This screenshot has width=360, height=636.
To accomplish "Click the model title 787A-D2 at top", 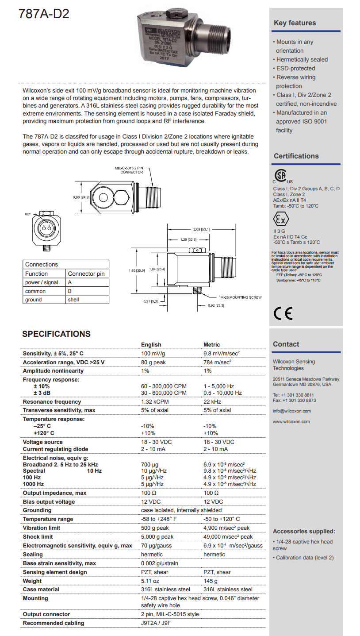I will [44, 14].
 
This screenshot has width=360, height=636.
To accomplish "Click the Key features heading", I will [295, 23].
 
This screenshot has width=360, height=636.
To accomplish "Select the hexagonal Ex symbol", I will [281, 220].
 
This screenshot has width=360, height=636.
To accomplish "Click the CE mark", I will [283, 313].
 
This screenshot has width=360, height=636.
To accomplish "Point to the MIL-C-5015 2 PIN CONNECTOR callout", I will [129, 170].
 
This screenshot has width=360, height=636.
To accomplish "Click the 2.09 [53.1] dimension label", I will [202, 229].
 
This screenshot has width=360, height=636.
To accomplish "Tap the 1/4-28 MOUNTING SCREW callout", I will [241, 297].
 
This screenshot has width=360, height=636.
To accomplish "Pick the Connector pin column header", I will [86, 274].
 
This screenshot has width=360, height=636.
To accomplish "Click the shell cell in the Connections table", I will [73, 300].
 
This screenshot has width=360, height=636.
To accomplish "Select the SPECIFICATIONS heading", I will [56, 334].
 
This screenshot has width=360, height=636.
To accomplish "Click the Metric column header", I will [211, 344].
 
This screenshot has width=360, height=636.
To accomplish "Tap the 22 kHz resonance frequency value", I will [212, 402].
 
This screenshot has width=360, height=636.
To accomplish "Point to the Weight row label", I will [32, 581].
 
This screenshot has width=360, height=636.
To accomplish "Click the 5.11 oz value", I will [150, 581].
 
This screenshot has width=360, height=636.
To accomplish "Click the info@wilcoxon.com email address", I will [291, 411].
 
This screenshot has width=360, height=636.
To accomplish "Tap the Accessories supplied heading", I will [304, 532].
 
